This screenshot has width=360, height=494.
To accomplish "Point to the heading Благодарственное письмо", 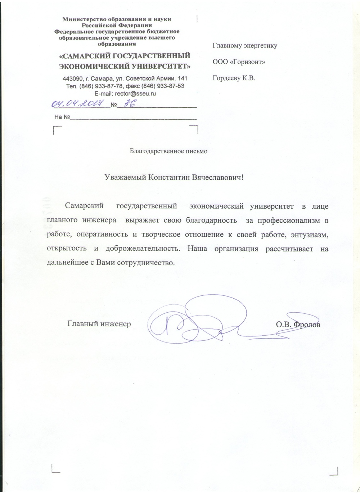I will [x=168, y=151].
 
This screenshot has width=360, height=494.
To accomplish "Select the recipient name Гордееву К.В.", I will [x=234, y=78].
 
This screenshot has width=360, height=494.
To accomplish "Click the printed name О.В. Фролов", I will [x=298, y=324].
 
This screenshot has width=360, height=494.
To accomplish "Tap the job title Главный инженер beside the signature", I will [x=99, y=324].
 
